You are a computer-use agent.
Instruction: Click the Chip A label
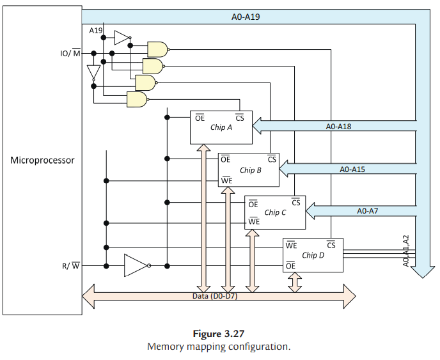(x=221, y=127)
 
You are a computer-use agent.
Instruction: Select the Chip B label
(x=250, y=170)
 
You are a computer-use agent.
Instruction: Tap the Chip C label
(x=276, y=212)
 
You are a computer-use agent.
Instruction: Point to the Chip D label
(x=313, y=255)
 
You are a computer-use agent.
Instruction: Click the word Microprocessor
(x=42, y=160)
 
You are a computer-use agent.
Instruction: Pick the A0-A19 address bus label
(x=245, y=17)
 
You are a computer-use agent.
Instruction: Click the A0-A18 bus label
(x=338, y=127)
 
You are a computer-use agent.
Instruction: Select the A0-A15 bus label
(x=352, y=169)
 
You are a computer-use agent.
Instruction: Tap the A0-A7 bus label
(x=367, y=210)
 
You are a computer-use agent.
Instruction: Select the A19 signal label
(x=95, y=30)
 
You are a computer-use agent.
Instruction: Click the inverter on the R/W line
(x=137, y=265)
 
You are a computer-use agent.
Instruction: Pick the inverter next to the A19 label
(x=122, y=38)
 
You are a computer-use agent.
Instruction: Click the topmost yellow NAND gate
(x=157, y=49)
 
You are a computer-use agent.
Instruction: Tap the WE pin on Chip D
(x=291, y=245)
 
